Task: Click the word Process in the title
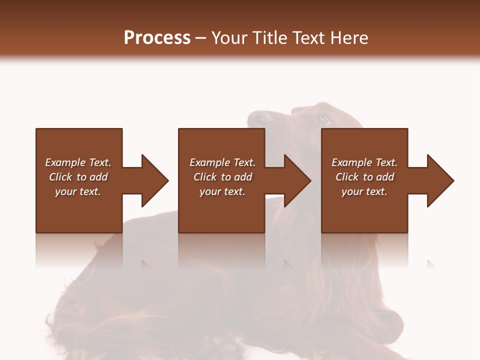point(157,38)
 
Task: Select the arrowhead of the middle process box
point(297,180)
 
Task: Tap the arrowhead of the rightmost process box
point(440,180)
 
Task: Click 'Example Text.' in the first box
point(78,162)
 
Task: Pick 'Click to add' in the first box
point(78,177)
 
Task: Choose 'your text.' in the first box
point(78,191)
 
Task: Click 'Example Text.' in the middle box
point(222,162)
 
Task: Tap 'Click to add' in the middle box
point(222,177)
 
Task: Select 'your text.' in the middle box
point(222,191)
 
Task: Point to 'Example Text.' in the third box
point(364,162)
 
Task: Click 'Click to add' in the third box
point(364,177)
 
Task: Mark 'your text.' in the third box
point(364,191)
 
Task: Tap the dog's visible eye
point(322,119)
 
